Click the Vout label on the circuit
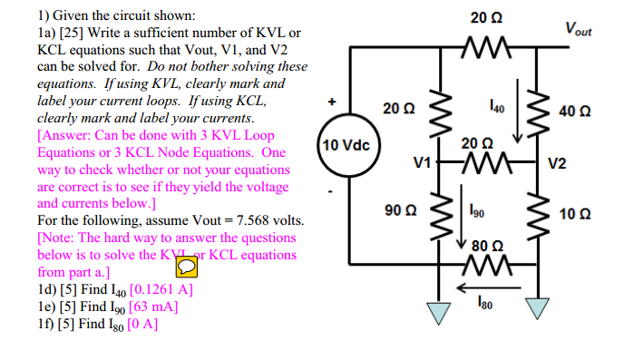click(577, 30)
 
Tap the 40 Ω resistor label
click(575, 112)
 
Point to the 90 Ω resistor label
click(399, 210)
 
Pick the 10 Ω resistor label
click(575, 215)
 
